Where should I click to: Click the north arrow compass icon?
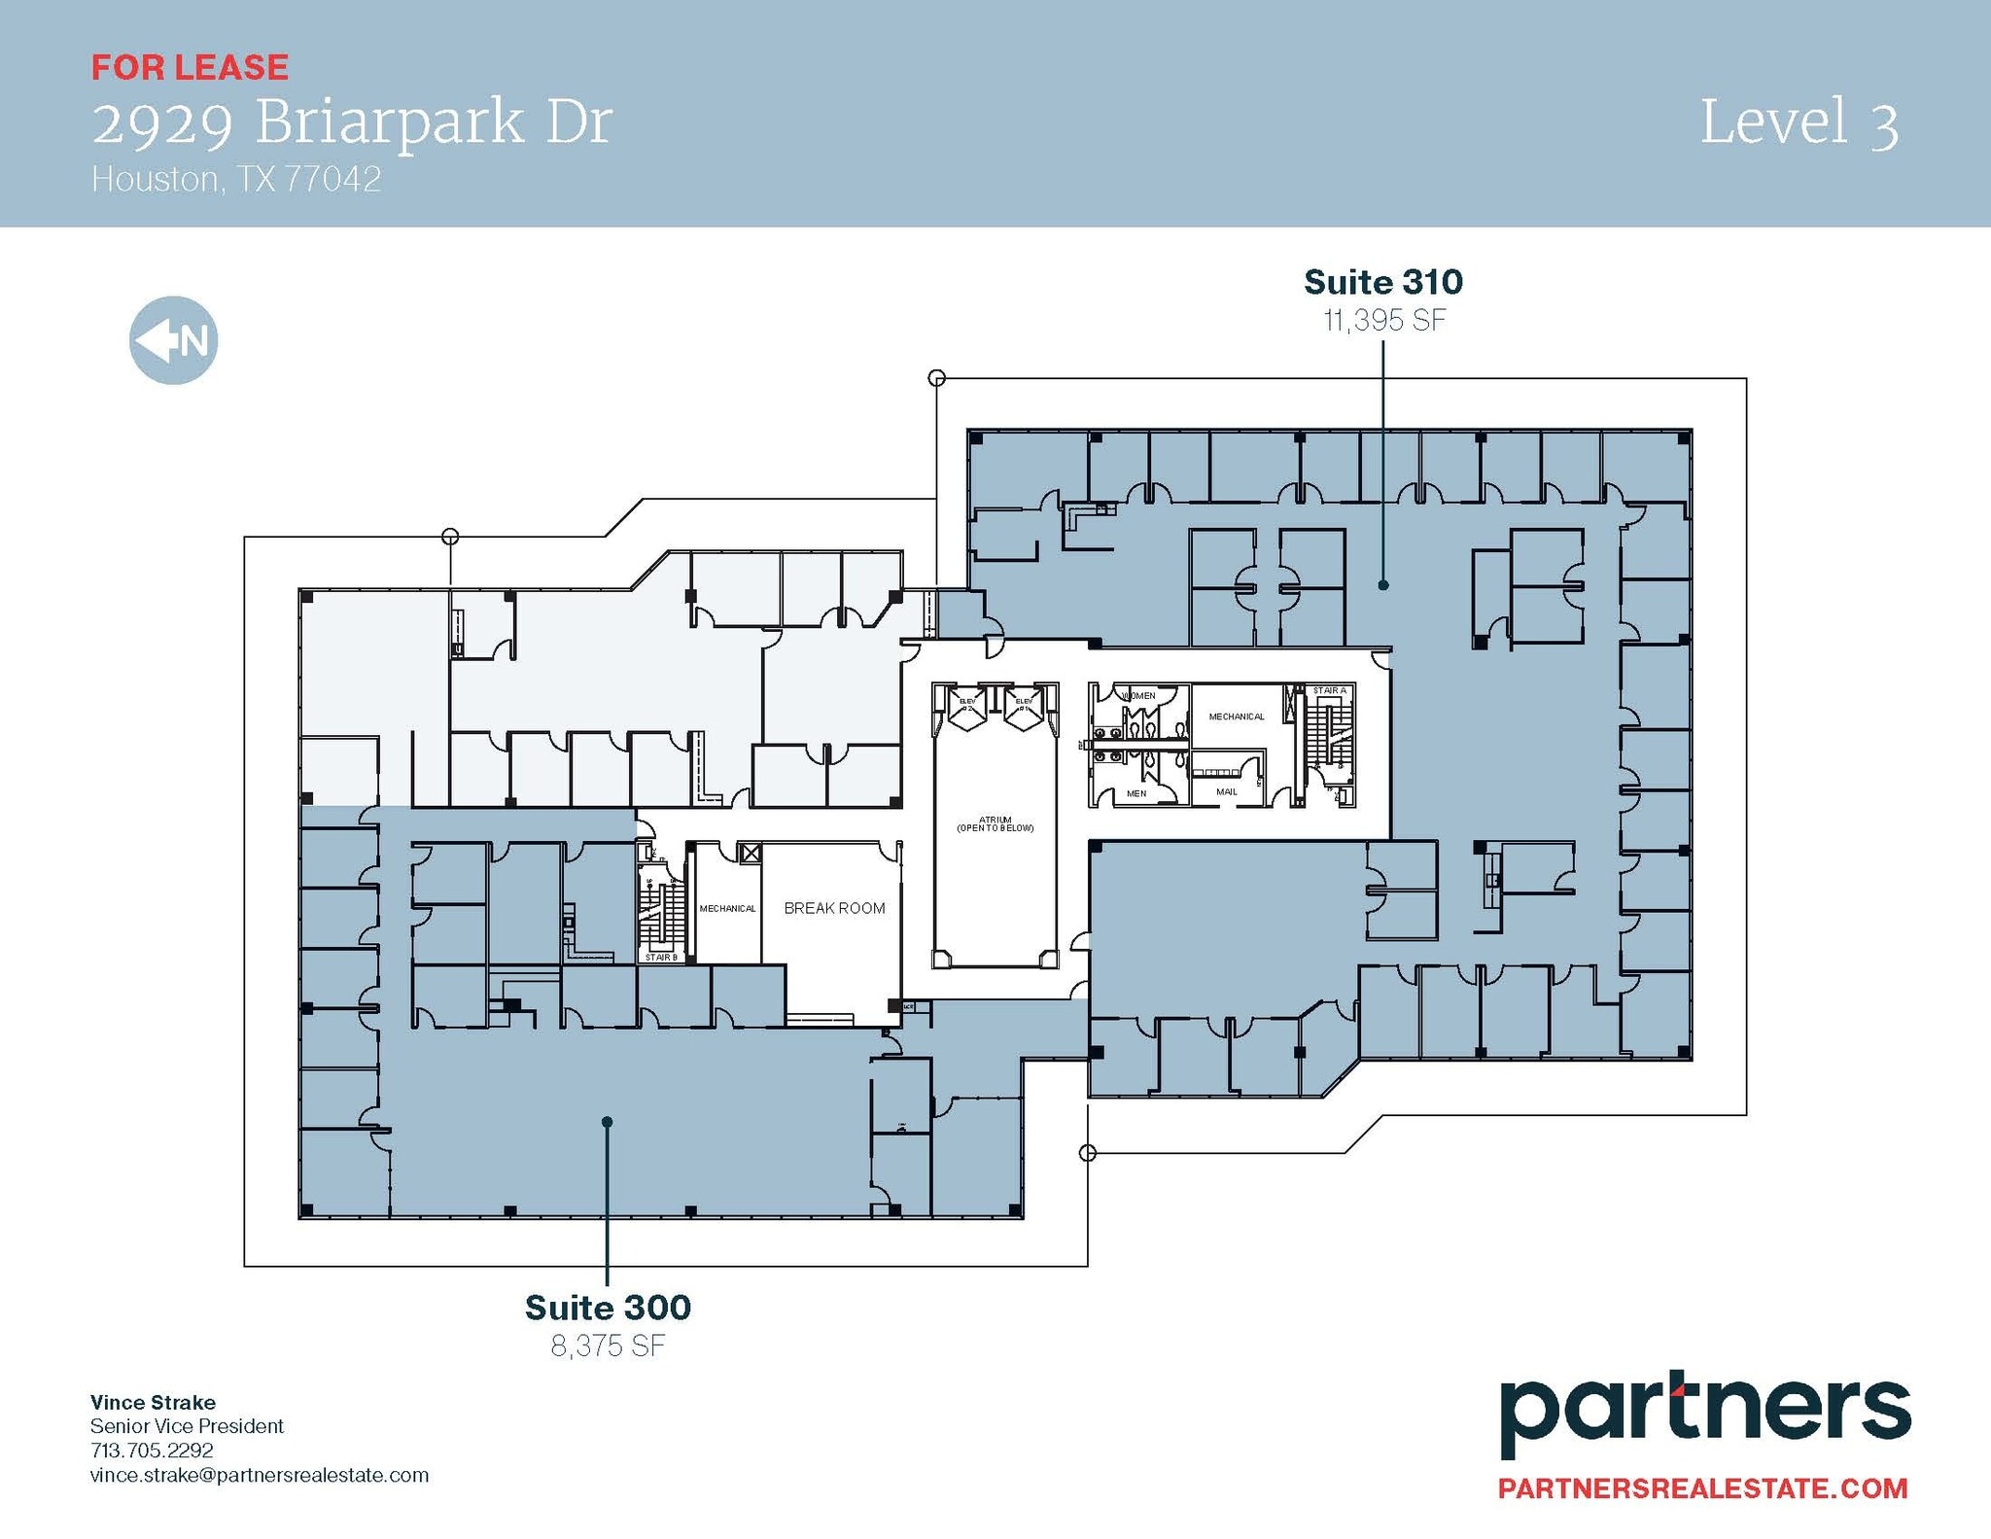(173, 340)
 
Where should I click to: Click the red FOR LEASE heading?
(190, 67)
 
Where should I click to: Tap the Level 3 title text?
(1799, 123)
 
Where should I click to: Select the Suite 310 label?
(1382, 282)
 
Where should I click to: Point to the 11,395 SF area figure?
(1384, 320)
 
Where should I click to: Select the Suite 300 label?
(608, 1308)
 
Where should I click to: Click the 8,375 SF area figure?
(608, 1346)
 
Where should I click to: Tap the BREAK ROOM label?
(834, 908)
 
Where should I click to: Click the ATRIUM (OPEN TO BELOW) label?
(995, 824)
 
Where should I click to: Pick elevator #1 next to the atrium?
(1024, 704)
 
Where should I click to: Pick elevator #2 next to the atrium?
(967, 704)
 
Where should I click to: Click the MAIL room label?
(1227, 791)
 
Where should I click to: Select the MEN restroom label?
(1136, 793)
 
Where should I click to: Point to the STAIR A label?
(1329, 690)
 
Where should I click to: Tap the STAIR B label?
(661, 958)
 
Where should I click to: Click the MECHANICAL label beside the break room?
(727, 908)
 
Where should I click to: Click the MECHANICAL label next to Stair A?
(1237, 717)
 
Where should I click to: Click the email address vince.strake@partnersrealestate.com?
(259, 1475)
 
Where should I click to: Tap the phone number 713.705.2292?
(152, 1450)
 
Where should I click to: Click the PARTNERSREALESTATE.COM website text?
(1702, 1487)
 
